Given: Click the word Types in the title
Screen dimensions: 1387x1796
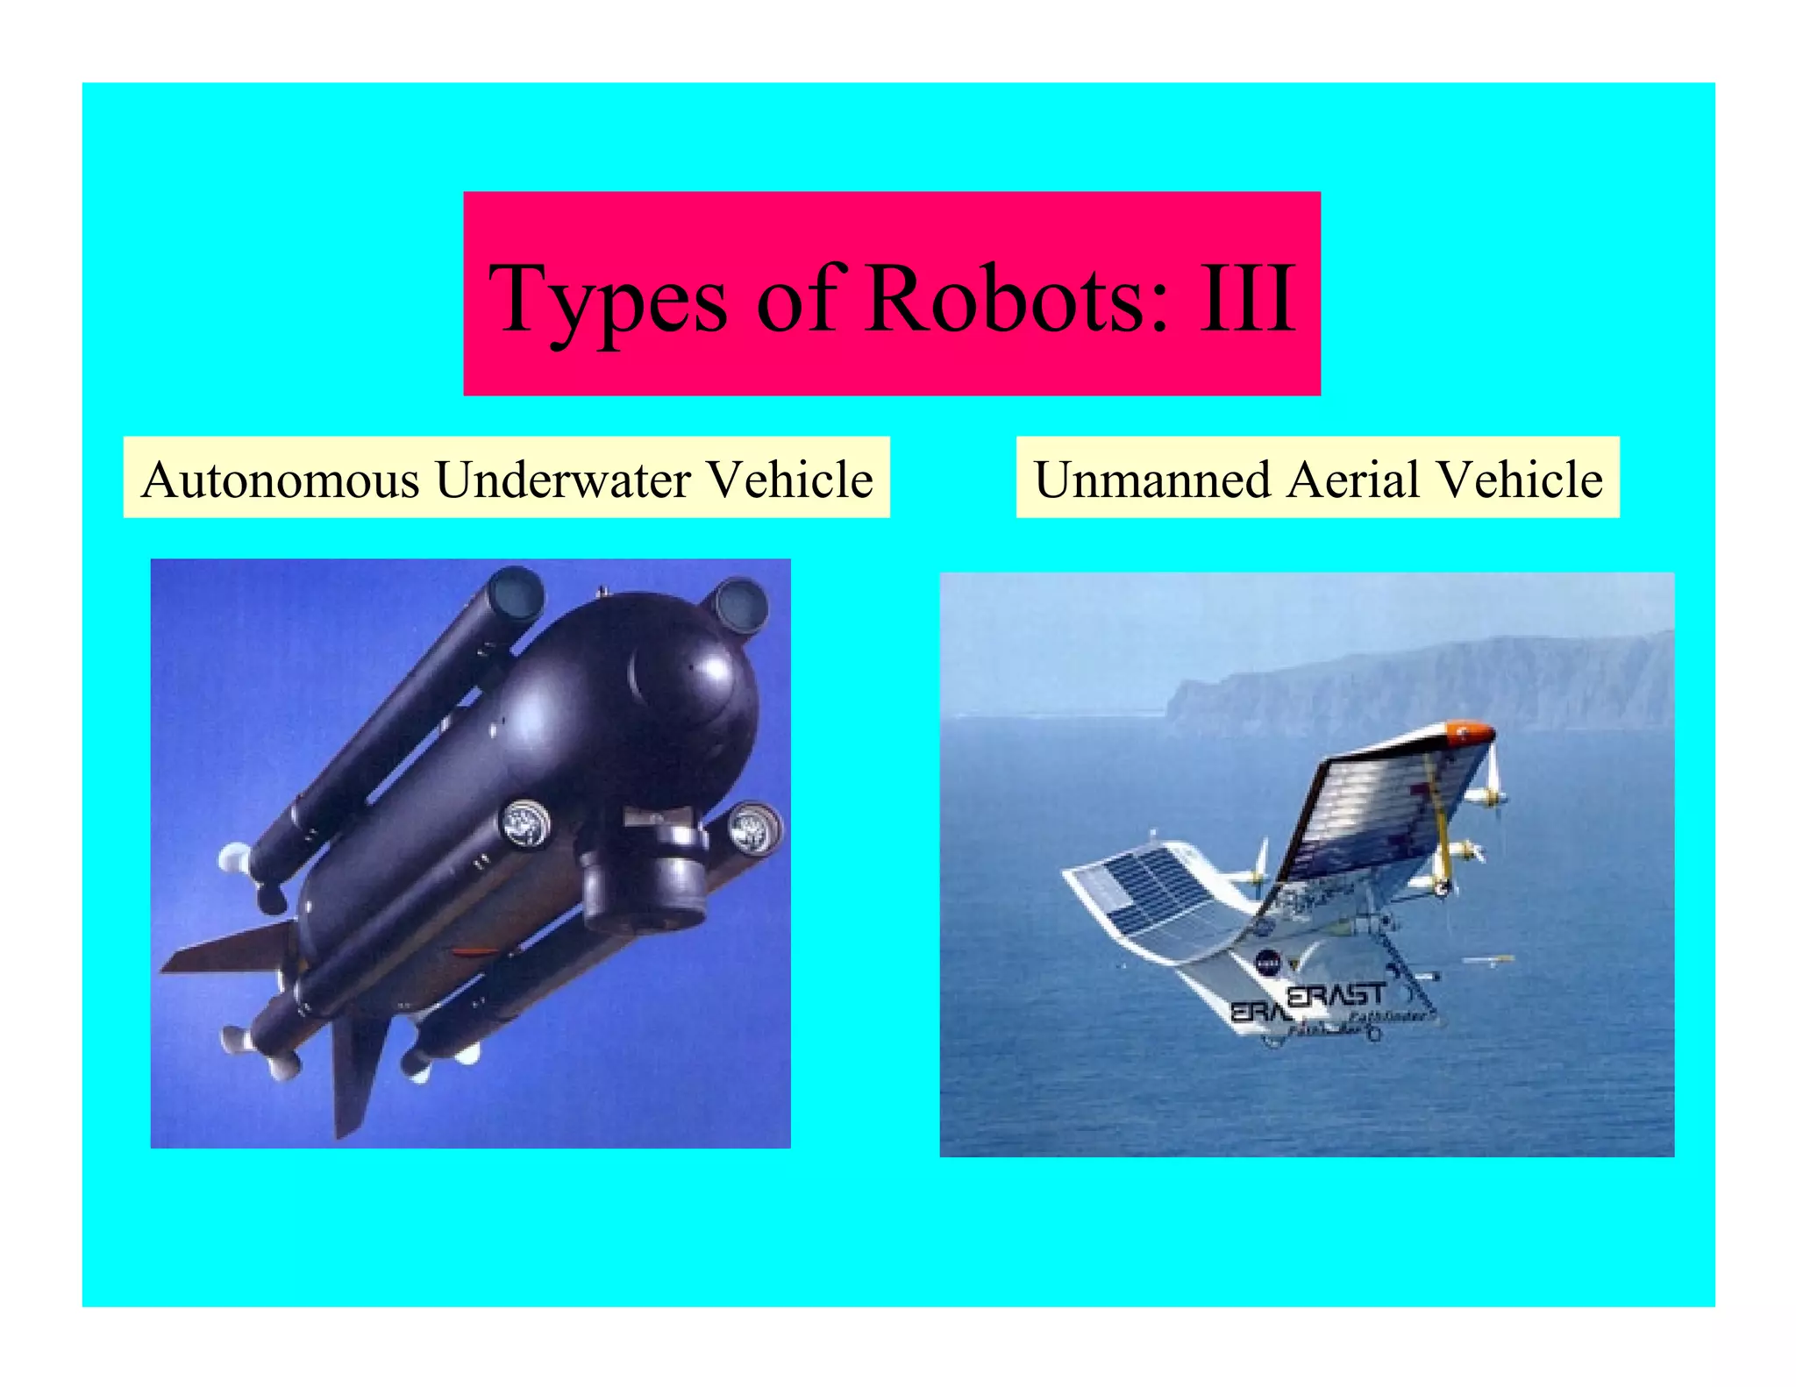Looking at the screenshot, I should pyautogui.click(x=608, y=300).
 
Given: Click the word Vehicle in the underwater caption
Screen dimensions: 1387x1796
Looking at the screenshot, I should pyautogui.click(x=790, y=480).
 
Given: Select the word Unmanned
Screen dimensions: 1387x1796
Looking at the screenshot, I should pyautogui.click(x=1152, y=480).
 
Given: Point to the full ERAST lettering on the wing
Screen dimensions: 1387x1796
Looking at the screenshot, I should pyautogui.click(x=1336, y=995).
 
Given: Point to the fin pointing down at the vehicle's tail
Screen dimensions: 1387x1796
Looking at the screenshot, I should pyautogui.click(x=355, y=1074).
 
